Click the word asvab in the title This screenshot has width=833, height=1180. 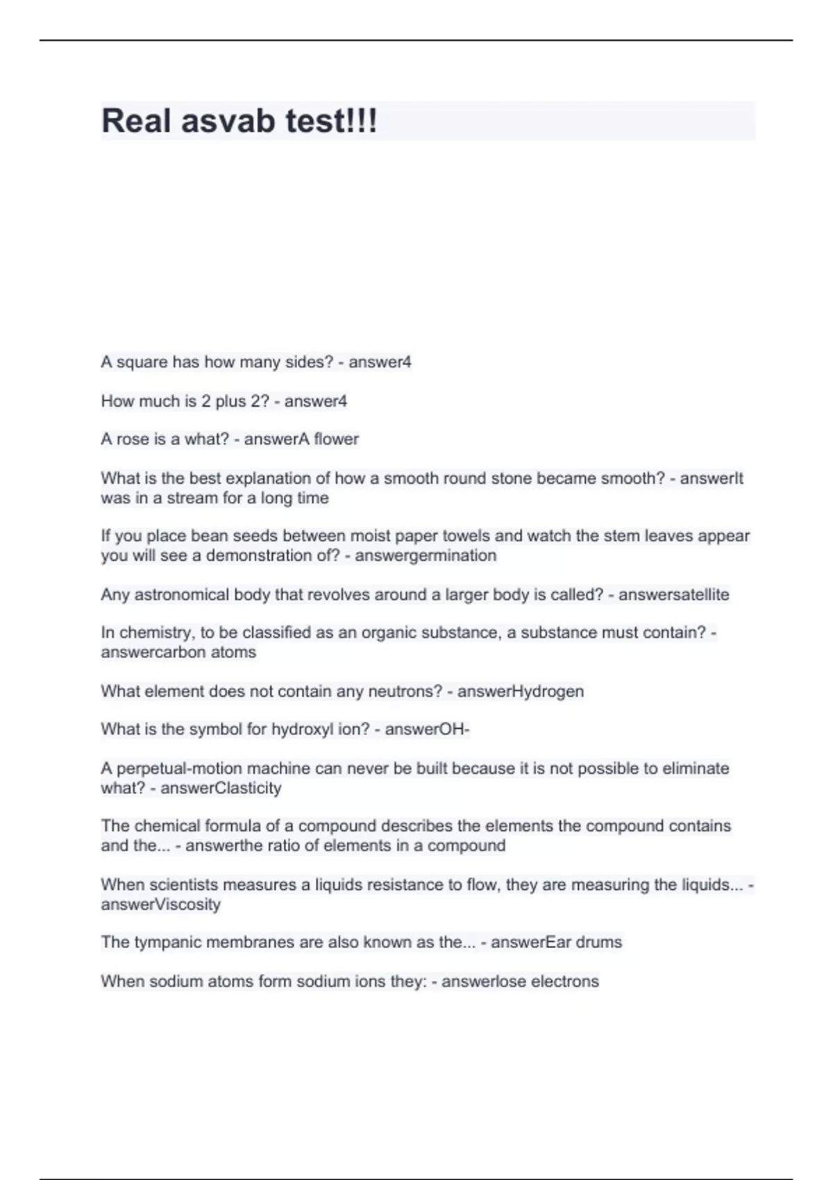tap(228, 121)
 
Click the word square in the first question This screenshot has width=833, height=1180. tap(142, 362)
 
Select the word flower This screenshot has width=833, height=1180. tap(337, 439)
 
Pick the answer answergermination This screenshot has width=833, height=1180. tap(426, 555)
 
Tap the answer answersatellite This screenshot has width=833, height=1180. tap(673, 595)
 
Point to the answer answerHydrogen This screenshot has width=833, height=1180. tap(520, 691)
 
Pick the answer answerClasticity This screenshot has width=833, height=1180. tap(221, 788)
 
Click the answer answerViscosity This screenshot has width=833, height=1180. tap(160, 904)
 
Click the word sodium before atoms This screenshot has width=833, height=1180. tap(174, 981)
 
